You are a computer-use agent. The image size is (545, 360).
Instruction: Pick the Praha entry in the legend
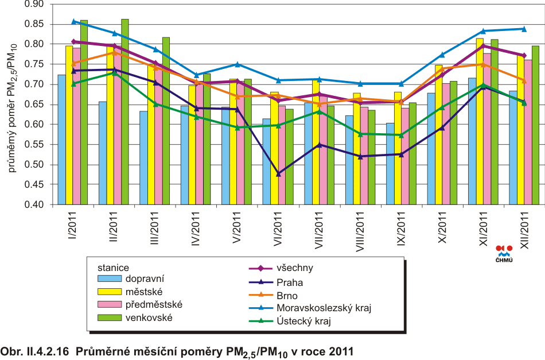[x=289, y=282]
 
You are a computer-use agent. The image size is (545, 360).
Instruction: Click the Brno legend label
[x=287, y=295]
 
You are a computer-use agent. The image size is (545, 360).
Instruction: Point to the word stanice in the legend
[x=112, y=267]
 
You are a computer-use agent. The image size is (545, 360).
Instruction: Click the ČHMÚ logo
[x=504, y=253]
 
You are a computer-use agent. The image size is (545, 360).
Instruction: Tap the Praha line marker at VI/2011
[x=279, y=173]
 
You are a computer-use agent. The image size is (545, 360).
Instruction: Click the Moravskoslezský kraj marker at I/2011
[x=73, y=21]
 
